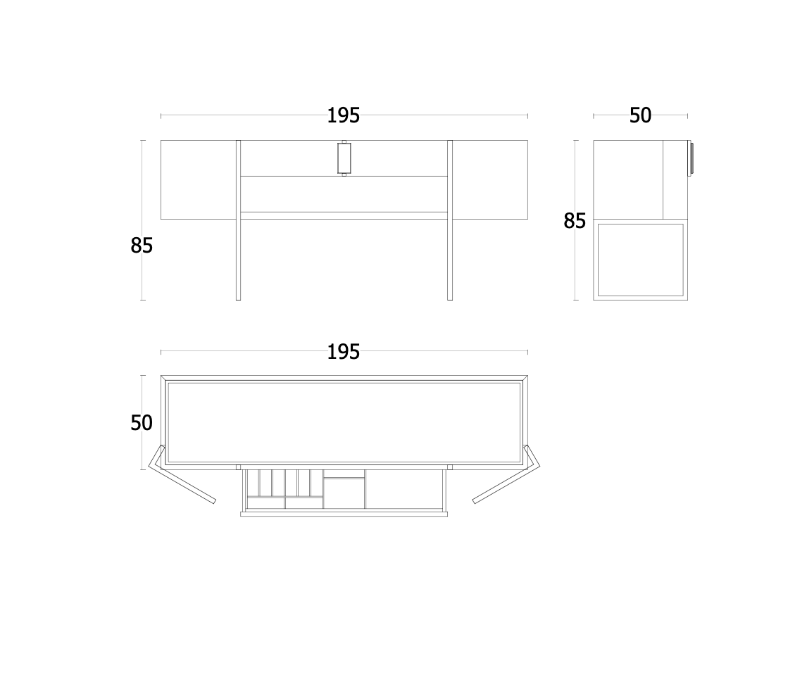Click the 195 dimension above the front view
(343, 115)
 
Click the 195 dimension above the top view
(343, 352)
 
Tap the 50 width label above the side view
(640, 115)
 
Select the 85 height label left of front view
(142, 246)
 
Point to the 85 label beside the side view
(575, 221)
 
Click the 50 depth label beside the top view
(142, 423)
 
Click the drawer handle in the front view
(344, 158)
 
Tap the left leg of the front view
(238, 220)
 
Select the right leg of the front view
(450, 220)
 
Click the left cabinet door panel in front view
(199, 179)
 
